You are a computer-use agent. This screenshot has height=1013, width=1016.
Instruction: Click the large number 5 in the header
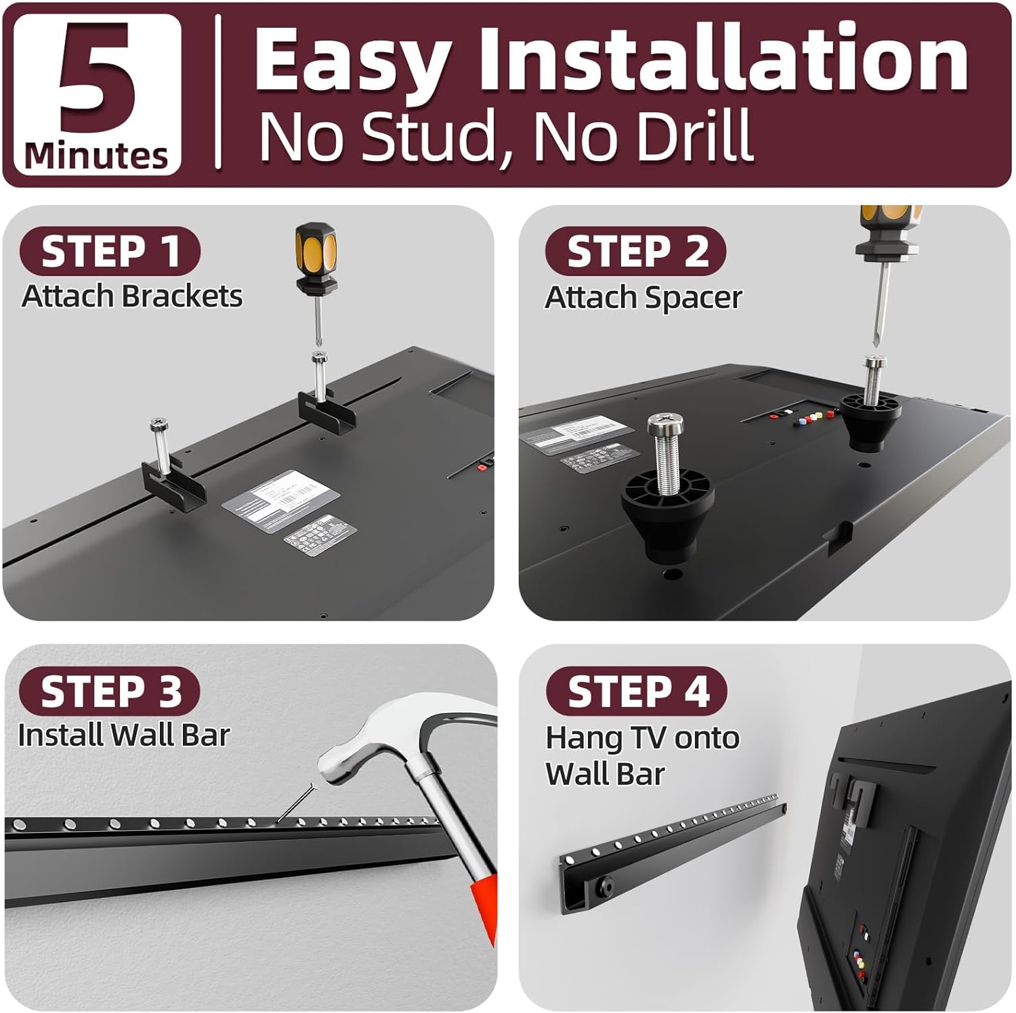click(97, 80)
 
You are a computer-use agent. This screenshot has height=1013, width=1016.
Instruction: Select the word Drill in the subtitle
click(690, 136)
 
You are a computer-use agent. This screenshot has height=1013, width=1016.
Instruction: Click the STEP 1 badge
click(110, 252)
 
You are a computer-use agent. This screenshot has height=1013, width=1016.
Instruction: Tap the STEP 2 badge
click(637, 252)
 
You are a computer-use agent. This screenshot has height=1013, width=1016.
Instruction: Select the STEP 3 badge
click(110, 692)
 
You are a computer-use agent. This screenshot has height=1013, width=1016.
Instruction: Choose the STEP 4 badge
click(637, 692)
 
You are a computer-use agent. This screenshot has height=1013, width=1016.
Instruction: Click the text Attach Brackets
click(132, 296)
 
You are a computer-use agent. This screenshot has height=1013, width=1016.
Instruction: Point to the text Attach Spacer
click(643, 298)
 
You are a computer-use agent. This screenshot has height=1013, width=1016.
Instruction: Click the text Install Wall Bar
click(124, 736)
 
